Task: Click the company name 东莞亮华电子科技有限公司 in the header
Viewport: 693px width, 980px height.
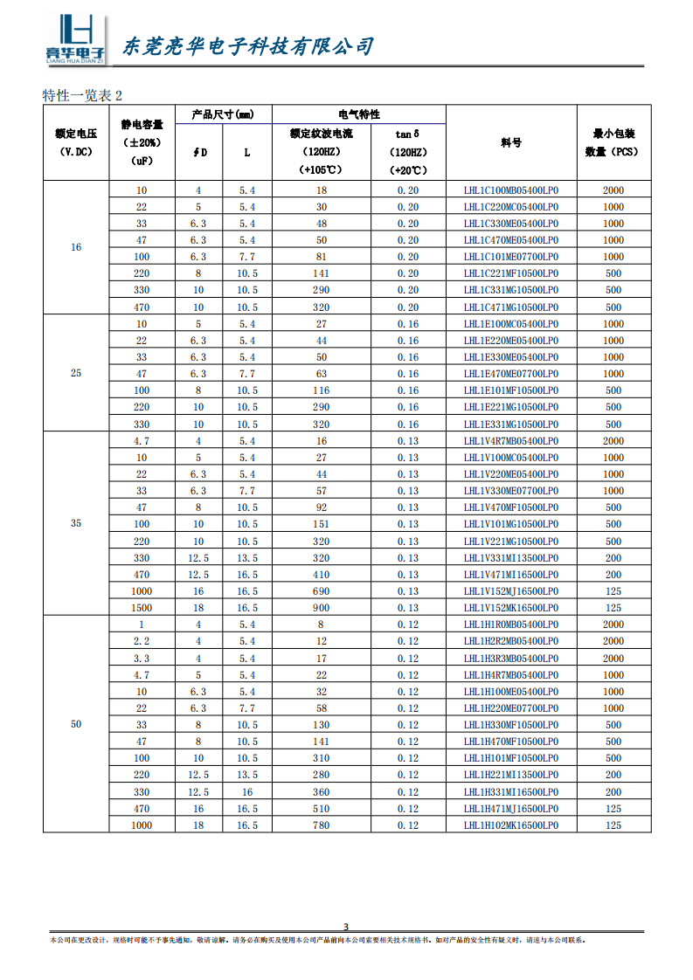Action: coord(246,45)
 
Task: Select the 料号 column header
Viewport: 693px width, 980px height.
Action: coord(511,142)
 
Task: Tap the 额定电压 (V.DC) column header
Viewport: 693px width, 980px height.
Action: coord(76,142)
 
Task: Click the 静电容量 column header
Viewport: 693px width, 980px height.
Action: coord(142,142)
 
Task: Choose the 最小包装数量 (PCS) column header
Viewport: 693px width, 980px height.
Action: coord(613,142)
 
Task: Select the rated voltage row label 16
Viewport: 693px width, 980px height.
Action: coord(76,247)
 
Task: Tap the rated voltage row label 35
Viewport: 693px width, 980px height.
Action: coord(76,524)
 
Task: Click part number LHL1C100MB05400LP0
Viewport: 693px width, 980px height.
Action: coord(511,190)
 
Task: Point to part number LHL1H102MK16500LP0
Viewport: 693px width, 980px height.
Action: coord(511,825)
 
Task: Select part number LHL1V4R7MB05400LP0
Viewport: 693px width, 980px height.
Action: coord(511,441)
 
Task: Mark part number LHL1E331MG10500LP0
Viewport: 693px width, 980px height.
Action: coord(511,424)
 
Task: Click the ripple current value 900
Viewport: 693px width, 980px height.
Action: coord(322,608)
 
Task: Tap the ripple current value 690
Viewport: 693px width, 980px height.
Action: coord(322,591)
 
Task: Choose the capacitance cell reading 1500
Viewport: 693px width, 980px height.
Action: coord(142,608)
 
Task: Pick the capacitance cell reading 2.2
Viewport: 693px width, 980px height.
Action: coord(142,641)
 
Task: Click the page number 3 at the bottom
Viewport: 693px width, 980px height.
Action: coord(346,927)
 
